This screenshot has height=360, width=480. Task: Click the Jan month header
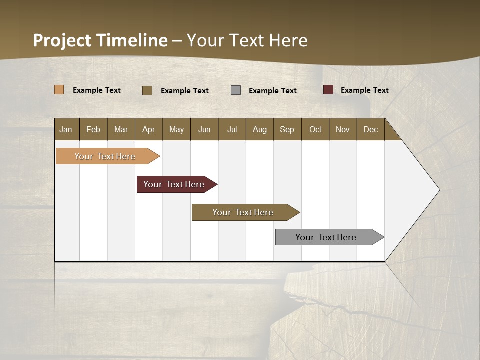66,129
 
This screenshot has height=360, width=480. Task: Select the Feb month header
93,129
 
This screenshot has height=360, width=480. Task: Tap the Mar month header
121,129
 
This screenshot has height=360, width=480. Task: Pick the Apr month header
149,129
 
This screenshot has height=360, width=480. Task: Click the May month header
176,129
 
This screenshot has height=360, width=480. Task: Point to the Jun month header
204,129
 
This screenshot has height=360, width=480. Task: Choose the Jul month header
232,129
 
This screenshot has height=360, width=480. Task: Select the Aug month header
260,129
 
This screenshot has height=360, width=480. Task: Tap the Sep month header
287,129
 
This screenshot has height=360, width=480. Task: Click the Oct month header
315,129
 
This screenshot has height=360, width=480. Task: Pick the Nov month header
343,129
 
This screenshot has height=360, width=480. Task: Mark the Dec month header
371,129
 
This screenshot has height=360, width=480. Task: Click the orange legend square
59,90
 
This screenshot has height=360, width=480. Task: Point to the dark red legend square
328,90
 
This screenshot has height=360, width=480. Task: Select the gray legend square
236,90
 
